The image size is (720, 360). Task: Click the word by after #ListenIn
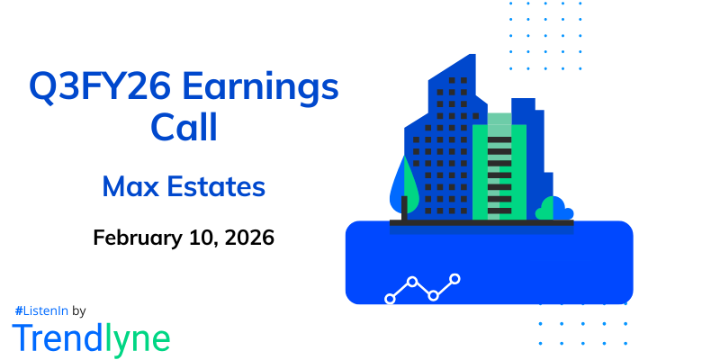[78, 310]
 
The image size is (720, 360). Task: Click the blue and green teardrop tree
[403, 184]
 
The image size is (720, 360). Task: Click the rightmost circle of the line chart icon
[455, 279]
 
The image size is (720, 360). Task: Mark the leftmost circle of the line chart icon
[390, 298]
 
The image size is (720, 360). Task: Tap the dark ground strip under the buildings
[481, 222]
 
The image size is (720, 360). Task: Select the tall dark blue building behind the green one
[531, 153]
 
